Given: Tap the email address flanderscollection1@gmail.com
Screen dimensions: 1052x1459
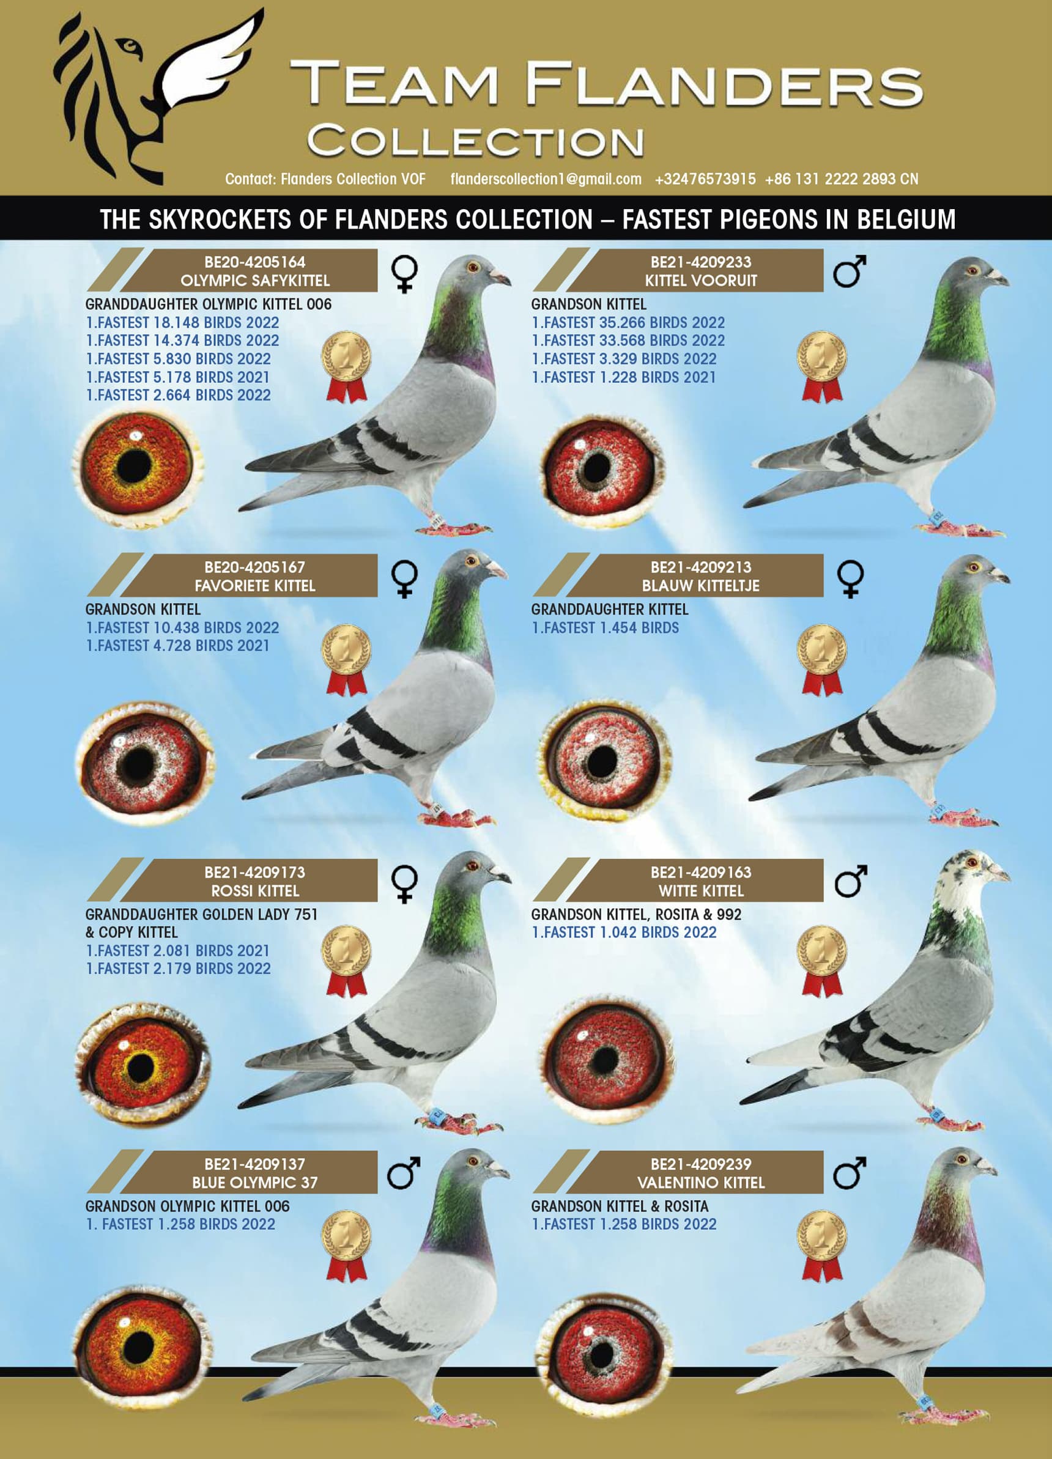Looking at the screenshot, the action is pos(546,179).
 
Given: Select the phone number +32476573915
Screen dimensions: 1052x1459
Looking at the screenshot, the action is pos(705,179).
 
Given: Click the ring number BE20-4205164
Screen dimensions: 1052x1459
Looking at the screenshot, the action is pos(255,262).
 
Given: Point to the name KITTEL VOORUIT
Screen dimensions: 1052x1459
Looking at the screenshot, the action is pos(701,281).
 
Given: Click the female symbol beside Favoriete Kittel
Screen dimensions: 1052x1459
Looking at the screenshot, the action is pos(404,579).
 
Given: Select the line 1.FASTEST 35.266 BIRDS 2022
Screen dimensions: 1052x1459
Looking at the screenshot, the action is pos(628,322).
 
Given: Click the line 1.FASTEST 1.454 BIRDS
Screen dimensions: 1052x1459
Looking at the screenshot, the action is pos(605,627).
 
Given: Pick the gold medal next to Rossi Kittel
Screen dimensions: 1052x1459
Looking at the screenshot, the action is pos(346,961).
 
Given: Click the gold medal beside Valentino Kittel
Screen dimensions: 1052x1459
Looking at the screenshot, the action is pos(821,1246).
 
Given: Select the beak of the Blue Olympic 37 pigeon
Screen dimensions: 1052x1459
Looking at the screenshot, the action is pos(498,1167).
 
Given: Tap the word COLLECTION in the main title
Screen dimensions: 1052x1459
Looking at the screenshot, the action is pos(475,141).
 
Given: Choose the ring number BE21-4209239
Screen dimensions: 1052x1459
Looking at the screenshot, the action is pos(701,1164).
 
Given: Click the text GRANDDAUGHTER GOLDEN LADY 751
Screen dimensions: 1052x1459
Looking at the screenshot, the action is pos(201,914).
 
